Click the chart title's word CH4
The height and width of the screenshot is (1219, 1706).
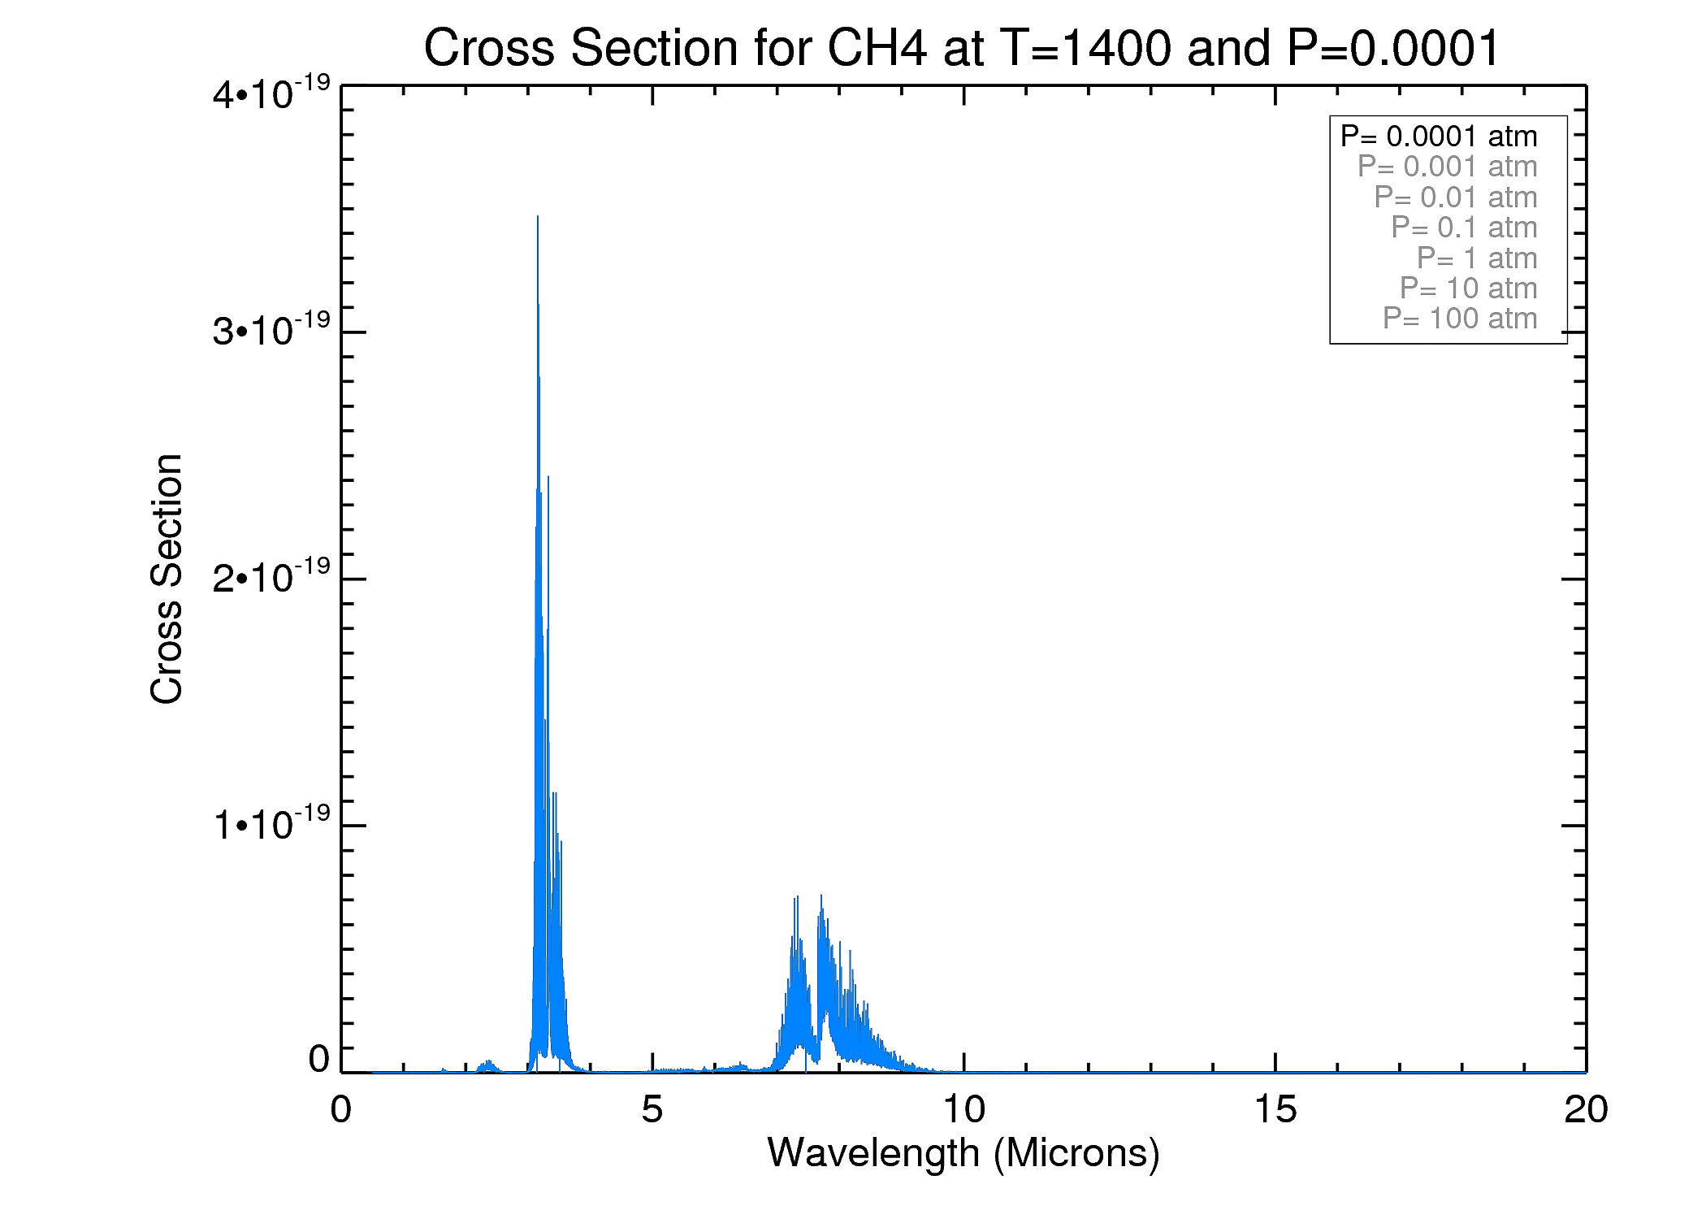[876, 49]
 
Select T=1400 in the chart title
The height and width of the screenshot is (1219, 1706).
[1086, 49]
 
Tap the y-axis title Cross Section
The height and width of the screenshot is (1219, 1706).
[167, 579]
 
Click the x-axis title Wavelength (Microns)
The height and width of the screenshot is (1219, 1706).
[963, 1153]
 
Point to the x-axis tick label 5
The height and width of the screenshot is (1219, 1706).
[652, 1110]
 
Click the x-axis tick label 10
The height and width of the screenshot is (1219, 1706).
[963, 1110]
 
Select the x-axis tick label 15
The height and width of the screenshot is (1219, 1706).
[1275, 1110]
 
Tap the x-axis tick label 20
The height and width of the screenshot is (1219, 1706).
[1586, 1110]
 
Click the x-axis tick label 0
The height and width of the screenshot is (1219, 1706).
[341, 1110]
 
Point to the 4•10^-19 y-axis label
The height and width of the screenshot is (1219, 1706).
[271, 93]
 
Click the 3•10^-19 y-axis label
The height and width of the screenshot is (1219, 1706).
[271, 330]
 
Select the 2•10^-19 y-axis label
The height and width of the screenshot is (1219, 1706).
[271, 577]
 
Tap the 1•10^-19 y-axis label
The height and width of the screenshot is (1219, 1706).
[271, 823]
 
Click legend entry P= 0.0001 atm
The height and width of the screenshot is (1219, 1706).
[1439, 137]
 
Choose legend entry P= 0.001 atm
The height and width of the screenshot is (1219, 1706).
[1447, 167]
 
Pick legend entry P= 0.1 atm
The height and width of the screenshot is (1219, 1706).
[1464, 228]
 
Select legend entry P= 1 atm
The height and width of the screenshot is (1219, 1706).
[1477, 258]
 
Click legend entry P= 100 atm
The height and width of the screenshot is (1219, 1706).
[1460, 319]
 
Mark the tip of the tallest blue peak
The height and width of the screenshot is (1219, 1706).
[538, 217]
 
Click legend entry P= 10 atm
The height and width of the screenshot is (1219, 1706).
[1468, 288]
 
